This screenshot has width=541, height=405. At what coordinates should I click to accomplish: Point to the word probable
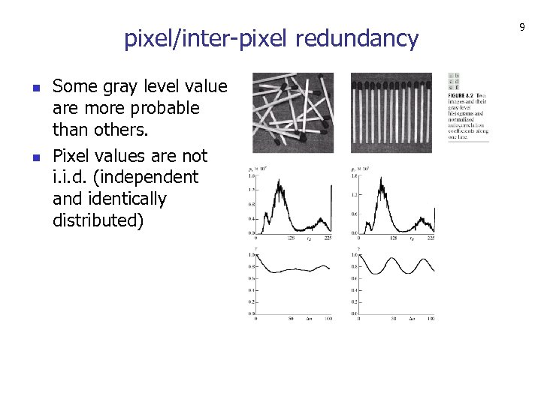coord(163,108)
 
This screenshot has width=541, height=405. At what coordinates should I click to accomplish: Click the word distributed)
coord(98,221)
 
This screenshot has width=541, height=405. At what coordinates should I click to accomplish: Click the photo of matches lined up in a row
coord(391,112)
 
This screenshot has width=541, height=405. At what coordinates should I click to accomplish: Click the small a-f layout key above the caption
coord(455,81)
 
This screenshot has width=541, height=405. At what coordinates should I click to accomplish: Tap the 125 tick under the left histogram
coord(291,238)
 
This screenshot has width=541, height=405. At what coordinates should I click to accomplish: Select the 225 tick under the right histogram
coord(431,238)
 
